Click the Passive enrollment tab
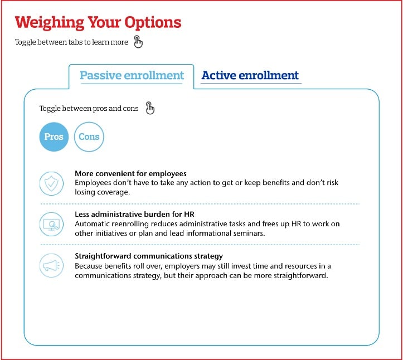(x=132, y=75)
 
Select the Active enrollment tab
(x=250, y=75)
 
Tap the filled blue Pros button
(x=54, y=137)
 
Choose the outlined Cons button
(x=89, y=137)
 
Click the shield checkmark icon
(x=51, y=182)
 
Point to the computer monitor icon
(x=51, y=225)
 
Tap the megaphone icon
(x=51, y=265)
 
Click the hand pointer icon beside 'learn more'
(x=138, y=42)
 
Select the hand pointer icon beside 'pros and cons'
(x=149, y=108)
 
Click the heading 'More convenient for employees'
(x=130, y=173)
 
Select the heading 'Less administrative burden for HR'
(x=135, y=215)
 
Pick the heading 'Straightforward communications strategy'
(x=149, y=256)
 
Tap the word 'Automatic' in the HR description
(x=92, y=223)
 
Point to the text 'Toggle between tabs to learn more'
(x=71, y=42)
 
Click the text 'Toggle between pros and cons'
(x=89, y=109)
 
